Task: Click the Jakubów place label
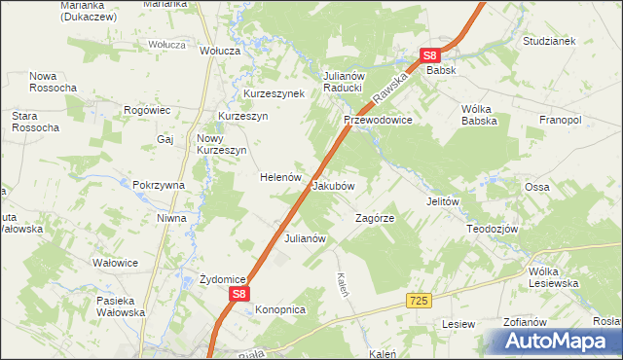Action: click(x=332, y=185)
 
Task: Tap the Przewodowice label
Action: click(x=379, y=120)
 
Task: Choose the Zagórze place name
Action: click(x=374, y=218)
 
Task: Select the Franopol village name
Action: click(x=560, y=120)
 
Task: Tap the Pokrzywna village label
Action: click(x=159, y=185)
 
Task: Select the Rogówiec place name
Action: click(x=148, y=111)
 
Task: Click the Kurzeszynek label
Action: click(x=274, y=93)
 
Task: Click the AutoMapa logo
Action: click(x=557, y=341)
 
